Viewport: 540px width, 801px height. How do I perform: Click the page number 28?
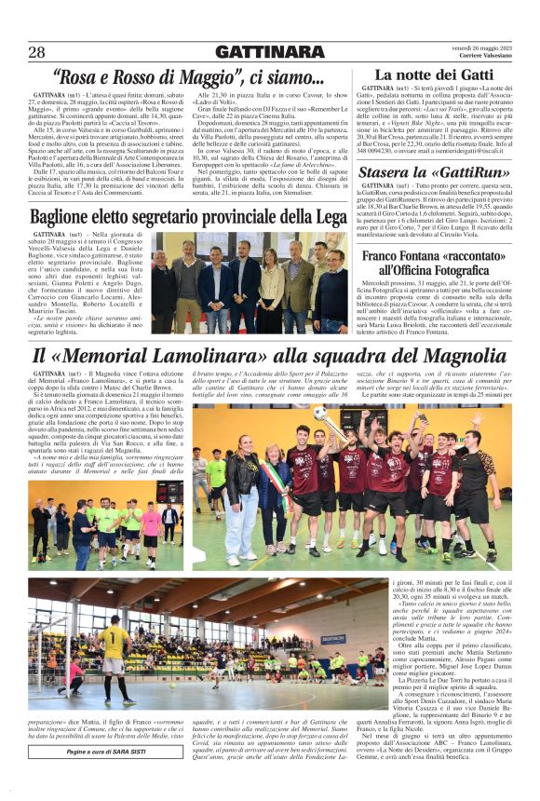pyautogui.click(x=36, y=51)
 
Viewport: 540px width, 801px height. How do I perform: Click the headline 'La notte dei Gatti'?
pyautogui.click(x=434, y=74)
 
